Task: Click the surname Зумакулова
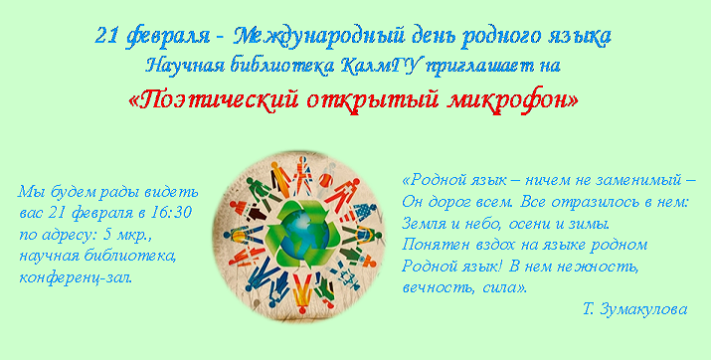(x=643, y=309)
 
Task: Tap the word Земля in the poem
(x=418, y=224)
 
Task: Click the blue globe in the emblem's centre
(x=299, y=236)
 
